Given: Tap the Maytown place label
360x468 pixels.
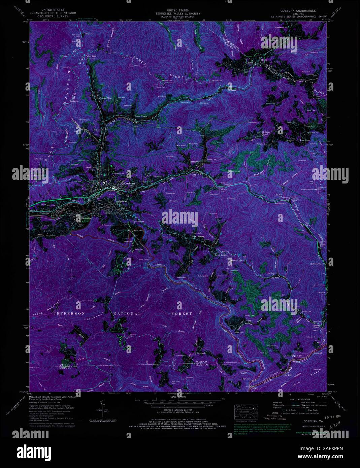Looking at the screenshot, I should (x=122, y=201).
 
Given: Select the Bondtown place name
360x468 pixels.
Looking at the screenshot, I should (x=91, y=167).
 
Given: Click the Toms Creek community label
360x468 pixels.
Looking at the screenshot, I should (x=141, y=117).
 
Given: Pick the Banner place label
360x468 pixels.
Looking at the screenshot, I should (x=194, y=162).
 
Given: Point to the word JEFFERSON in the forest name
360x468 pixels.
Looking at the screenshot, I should (x=69, y=313).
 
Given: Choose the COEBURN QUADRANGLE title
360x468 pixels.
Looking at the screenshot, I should (x=298, y=10).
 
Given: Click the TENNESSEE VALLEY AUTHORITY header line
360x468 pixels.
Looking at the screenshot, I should (x=180, y=13).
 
